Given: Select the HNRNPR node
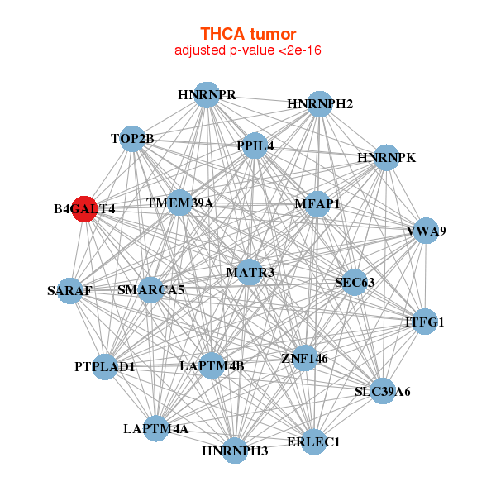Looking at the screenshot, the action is tap(207, 95).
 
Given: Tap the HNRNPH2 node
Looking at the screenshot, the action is tap(320, 104).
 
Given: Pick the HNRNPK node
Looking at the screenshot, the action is tap(386, 157).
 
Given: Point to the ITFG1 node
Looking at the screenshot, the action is tap(424, 322).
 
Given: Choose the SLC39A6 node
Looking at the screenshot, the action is tap(382, 390).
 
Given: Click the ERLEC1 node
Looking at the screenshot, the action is tap(313, 442).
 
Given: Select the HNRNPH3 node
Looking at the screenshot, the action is tap(235, 451).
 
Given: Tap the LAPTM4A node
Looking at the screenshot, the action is tap(156, 428).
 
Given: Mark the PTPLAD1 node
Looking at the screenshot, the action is tap(105, 366).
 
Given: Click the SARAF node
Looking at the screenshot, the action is tap(69, 291).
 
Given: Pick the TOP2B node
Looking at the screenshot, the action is tap(133, 138).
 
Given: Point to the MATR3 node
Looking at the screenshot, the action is tap(250, 272).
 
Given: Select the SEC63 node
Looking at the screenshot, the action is tap(355, 283).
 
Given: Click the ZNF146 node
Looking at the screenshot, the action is tap(304, 359).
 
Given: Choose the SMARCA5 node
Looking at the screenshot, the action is tap(150, 290).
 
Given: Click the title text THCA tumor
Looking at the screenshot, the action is tap(248, 34).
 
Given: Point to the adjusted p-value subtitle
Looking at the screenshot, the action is tap(248, 50).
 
